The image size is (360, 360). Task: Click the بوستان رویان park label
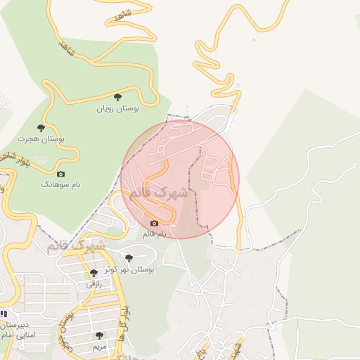pyautogui.click(x=117, y=109)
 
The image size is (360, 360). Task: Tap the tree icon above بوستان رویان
pyautogui.click(x=117, y=97)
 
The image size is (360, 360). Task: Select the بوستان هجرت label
pyautogui.click(x=41, y=139)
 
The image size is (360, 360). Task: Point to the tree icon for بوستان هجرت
pyautogui.click(x=41, y=128)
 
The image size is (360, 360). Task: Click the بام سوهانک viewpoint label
pyautogui.click(x=60, y=184)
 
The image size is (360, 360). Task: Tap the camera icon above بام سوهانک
pyautogui.click(x=60, y=174)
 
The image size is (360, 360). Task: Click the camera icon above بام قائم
pyautogui.click(x=154, y=223)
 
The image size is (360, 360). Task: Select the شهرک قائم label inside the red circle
pyautogui.click(x=160, y=192)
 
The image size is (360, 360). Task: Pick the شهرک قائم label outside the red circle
pyautogui.click(x=76, y=247)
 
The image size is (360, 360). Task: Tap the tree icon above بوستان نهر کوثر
pyautogui.click(x=128, y=258)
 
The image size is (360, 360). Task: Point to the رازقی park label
pyautogui.click(x=94, y=284)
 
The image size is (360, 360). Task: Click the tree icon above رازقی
pyautogui.click(x=94, y=273)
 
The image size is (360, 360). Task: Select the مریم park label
pyautogui.click(x=99, y=347)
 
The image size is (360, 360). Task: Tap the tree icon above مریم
pyautogui.click(x=99, y=335)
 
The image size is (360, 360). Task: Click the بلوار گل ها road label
pyautogui.click(x=125, y=321)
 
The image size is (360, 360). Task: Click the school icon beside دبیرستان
pyautogui.click(x=4, y=314)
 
